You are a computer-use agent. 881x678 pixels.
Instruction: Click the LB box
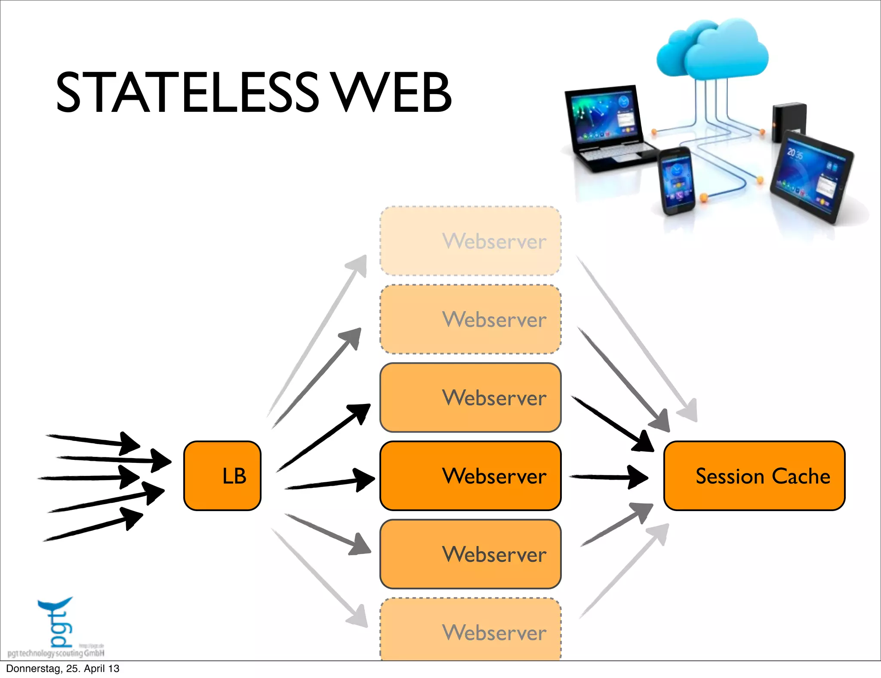[222, 475]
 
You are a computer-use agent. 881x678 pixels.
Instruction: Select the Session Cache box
[754, 475]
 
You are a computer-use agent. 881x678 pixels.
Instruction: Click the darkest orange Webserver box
[470, 475]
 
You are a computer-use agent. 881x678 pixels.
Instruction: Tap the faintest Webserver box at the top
[470, 241]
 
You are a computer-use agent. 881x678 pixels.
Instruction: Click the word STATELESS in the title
[187, 92]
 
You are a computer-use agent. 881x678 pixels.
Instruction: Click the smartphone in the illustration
[676, 181]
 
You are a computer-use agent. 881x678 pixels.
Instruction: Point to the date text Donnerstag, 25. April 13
[63, 669]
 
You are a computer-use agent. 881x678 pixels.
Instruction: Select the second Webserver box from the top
[470, 319]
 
